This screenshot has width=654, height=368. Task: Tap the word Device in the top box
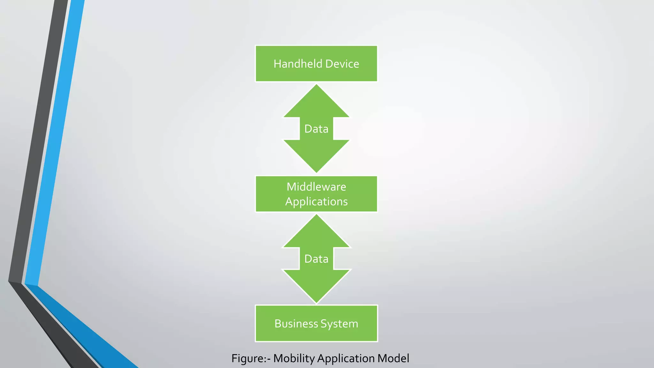click(342, 64)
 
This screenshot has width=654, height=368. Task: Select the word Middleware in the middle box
click(316, 187)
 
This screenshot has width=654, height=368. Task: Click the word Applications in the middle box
click(316, 202)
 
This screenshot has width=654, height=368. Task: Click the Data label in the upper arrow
click(316, 129)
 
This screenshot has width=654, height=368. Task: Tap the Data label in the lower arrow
click(316, 259)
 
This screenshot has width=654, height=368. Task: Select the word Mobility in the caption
click(294, 358)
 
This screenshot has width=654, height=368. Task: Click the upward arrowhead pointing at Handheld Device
click(316, 102)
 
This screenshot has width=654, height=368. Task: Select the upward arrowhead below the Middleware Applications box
click(316, 233)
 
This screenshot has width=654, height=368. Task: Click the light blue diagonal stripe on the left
click(56, 144)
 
